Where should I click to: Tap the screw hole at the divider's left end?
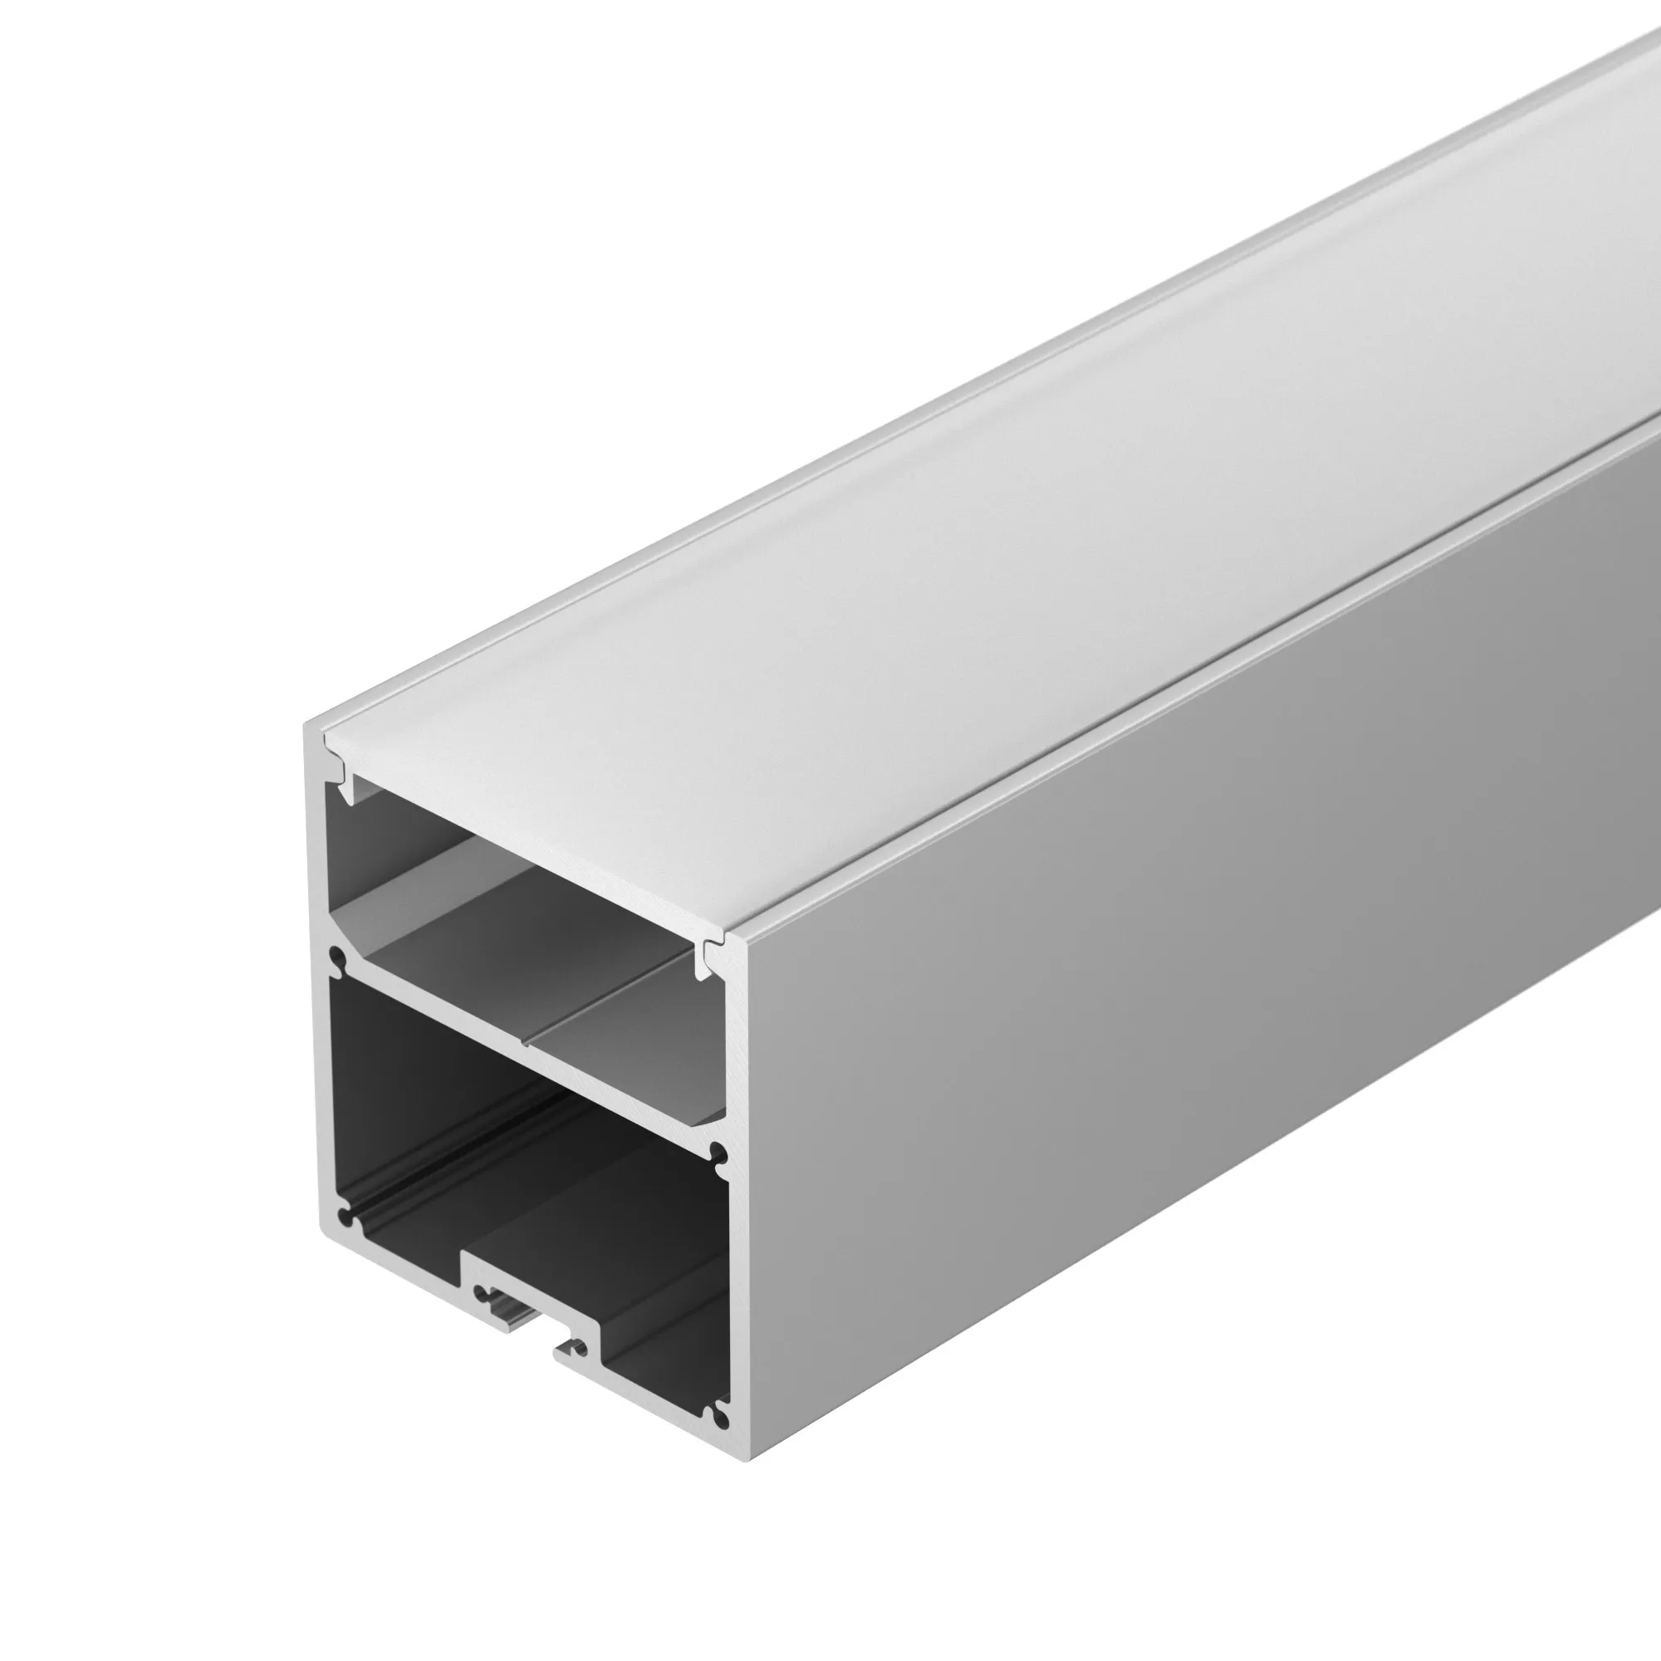338,958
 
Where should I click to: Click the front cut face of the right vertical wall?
739,1203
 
